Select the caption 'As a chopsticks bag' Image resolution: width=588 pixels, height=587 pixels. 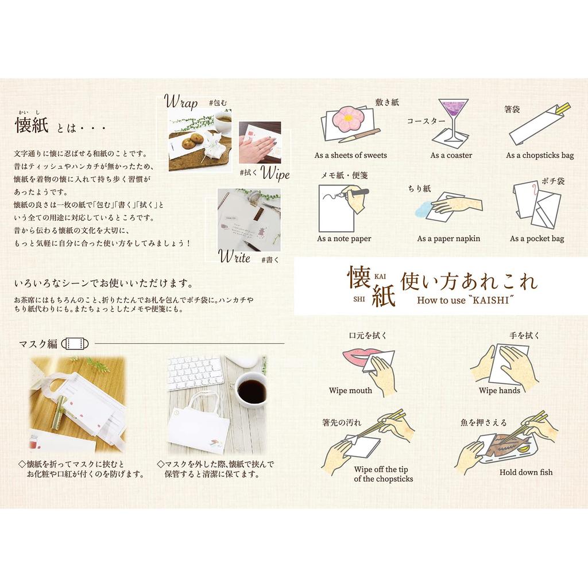click(539, 156)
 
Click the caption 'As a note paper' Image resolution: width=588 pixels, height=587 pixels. click(344, 239)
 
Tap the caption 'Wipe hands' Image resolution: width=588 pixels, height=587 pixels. click(499, 391)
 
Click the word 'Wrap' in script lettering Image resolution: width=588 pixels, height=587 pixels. click(181, 103)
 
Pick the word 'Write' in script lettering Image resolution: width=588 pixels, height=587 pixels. click(234, 258)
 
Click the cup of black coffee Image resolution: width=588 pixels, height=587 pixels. click(251, 391)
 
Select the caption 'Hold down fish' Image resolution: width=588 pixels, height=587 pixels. click(525, 472)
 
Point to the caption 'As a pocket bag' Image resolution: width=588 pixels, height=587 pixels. click(536, 239)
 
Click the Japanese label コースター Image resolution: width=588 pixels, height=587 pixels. click(426, 121)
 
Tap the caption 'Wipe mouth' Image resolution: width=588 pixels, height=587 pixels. click(350, 391)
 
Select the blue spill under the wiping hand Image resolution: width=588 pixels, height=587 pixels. click(426, 211)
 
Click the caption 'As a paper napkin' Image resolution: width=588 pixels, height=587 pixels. click(448, 239)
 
